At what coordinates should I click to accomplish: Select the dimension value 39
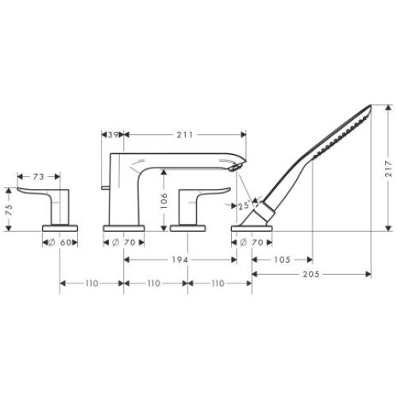click(114, 136)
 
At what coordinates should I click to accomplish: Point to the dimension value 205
click(312, 274)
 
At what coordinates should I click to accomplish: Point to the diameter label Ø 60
click(61, 242)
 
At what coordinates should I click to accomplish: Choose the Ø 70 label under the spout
click(125, 242)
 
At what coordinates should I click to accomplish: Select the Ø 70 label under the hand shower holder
click(251, 242)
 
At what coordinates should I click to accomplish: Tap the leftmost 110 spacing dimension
click(92, 283)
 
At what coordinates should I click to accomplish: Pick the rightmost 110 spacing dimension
click(219, 283)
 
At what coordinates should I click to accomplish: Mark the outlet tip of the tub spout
click(234, 168)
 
